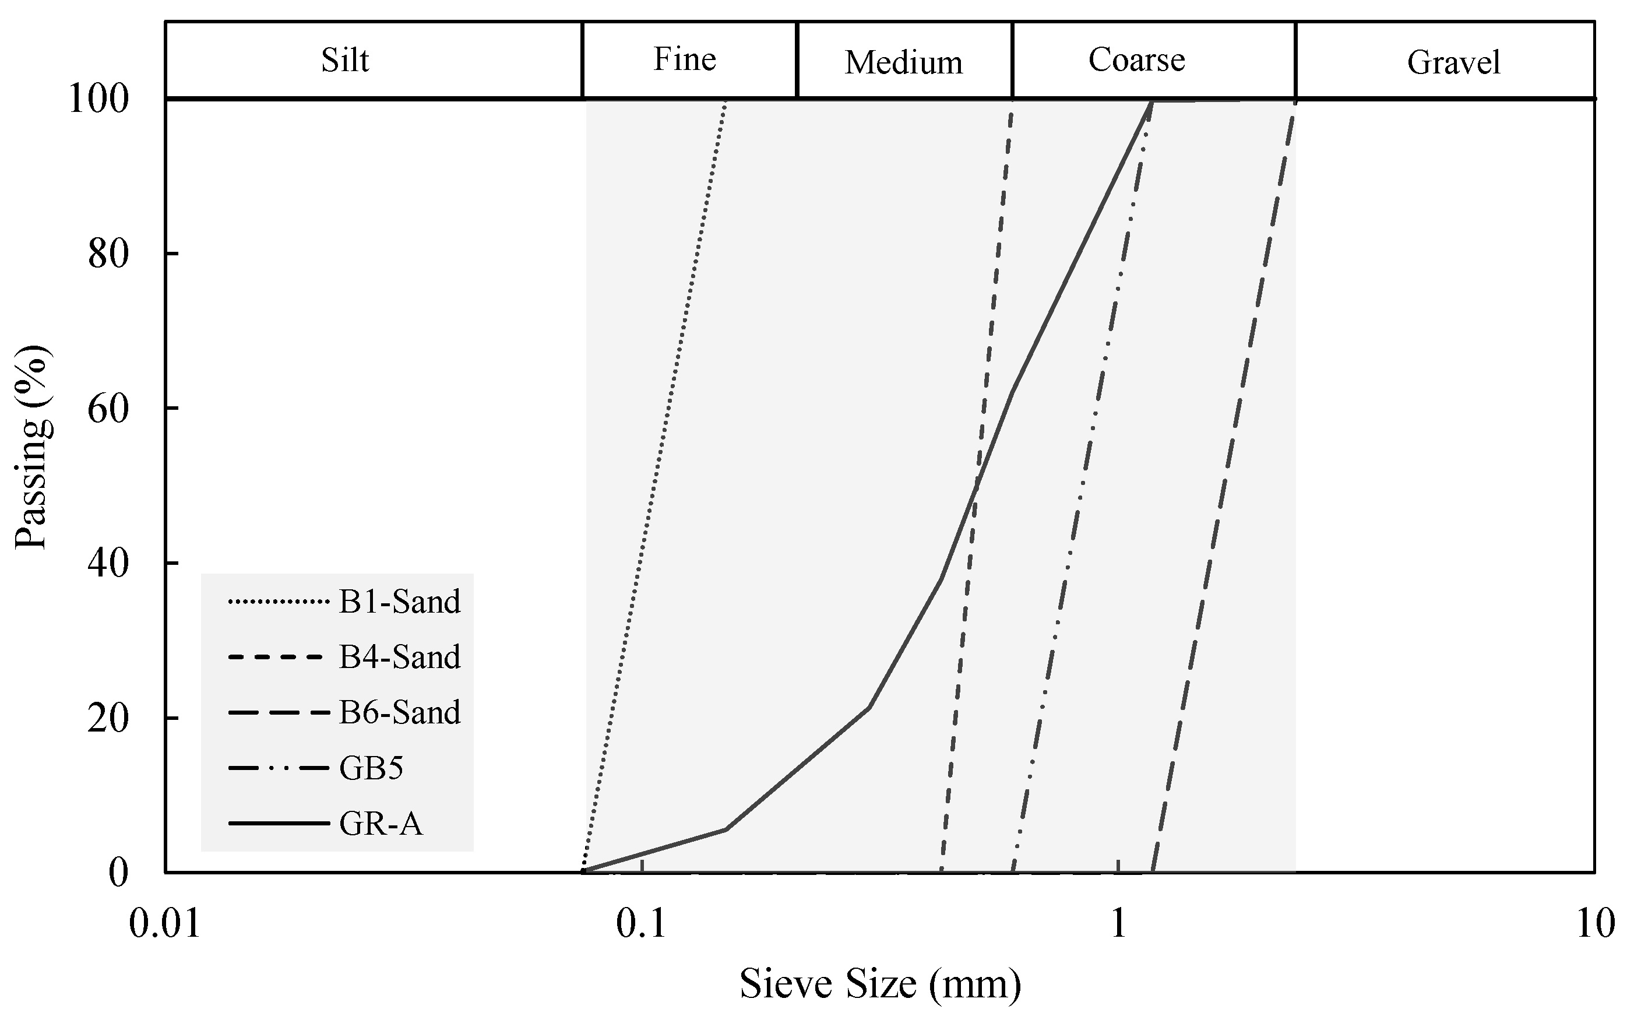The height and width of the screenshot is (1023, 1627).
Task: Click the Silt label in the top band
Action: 344,61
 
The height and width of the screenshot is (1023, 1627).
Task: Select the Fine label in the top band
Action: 685,59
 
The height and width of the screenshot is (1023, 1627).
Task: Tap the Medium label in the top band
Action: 903,63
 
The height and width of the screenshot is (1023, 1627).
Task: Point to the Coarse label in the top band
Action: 1136,60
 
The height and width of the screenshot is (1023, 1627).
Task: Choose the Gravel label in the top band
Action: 1453,63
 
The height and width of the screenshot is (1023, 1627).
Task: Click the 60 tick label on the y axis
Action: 108,409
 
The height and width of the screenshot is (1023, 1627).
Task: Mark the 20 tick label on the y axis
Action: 108,718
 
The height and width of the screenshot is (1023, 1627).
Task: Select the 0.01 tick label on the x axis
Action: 165,924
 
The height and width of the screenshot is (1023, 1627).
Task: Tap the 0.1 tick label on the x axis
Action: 641,924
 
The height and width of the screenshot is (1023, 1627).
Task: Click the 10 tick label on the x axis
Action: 1594,924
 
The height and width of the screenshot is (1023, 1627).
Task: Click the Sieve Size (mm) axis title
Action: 880,984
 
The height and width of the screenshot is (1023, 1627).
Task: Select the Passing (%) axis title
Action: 31,447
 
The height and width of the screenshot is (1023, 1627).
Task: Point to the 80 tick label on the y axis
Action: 108,254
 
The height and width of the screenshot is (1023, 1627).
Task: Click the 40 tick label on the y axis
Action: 108,564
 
